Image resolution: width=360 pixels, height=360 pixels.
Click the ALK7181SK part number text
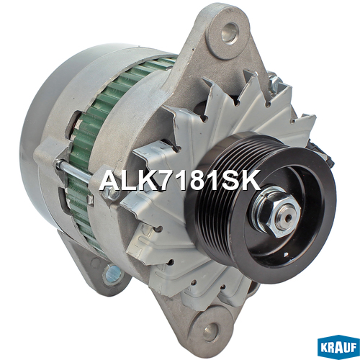(180, 181)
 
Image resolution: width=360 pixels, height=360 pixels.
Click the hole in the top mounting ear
(230, 33)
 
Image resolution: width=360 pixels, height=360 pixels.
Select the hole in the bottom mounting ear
(211, 331)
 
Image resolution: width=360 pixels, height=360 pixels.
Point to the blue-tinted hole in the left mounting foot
(113, 274)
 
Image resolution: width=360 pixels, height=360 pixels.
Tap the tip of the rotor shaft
(289, 218)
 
